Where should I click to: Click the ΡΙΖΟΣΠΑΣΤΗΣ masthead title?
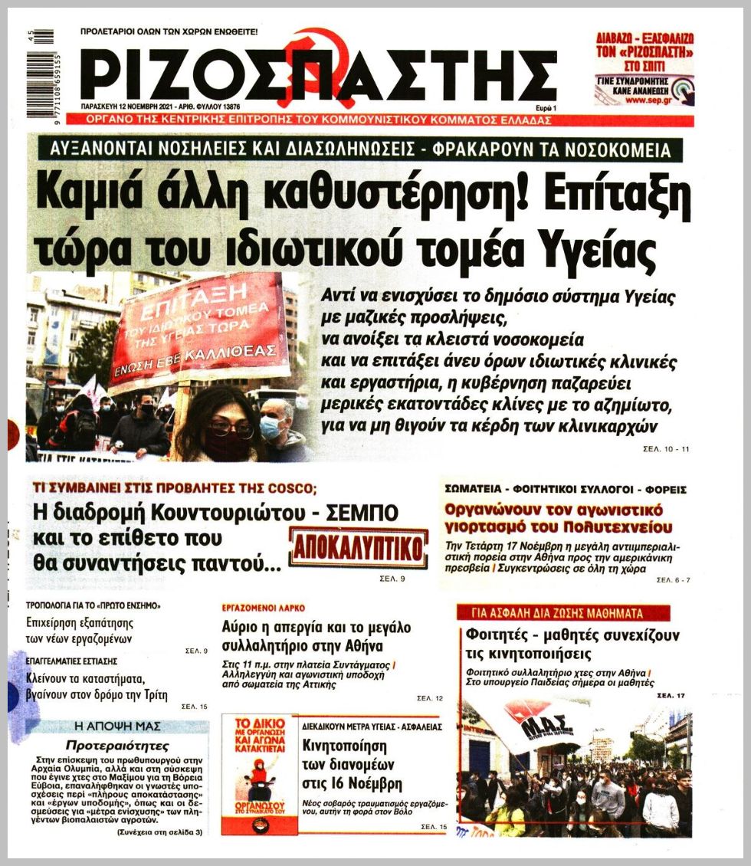point(317,75)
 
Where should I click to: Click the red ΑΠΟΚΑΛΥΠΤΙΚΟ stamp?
point(359,549)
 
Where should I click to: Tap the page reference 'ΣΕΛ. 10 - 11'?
point(665,448)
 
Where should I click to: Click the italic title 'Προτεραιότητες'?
point(117,745)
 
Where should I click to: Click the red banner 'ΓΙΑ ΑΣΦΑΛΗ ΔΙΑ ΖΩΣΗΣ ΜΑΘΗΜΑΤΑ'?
point(562,612)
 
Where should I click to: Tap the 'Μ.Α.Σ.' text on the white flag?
point(543,726)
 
